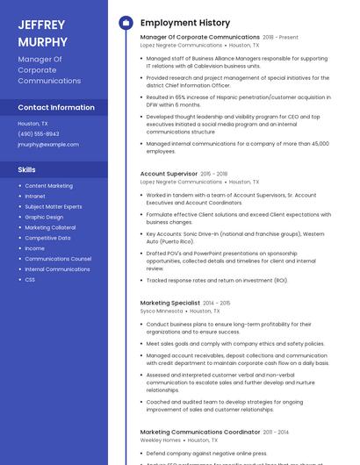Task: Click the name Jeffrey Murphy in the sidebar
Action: (42, 32)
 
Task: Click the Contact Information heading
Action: (56, 107)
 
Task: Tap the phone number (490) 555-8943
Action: (39, 133)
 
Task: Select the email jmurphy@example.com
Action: (48, 144)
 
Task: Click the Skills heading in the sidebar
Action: (27, 168)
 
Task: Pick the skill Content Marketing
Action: (49, 186)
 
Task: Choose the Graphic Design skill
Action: (44, 217)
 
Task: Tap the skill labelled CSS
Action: (30, 280)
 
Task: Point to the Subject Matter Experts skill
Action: (54, 206)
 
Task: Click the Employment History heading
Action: (185, 23)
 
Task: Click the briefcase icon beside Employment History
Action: (125, 23)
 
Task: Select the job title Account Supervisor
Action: (169, 174)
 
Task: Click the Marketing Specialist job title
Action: (170, 303)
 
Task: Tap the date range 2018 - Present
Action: (280, 38)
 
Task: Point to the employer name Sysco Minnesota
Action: (162, 311)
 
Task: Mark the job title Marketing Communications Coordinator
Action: (200, 432)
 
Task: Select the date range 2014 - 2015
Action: (216, 303)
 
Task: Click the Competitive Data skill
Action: (47, 238)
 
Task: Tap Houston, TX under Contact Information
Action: (32, 124)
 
